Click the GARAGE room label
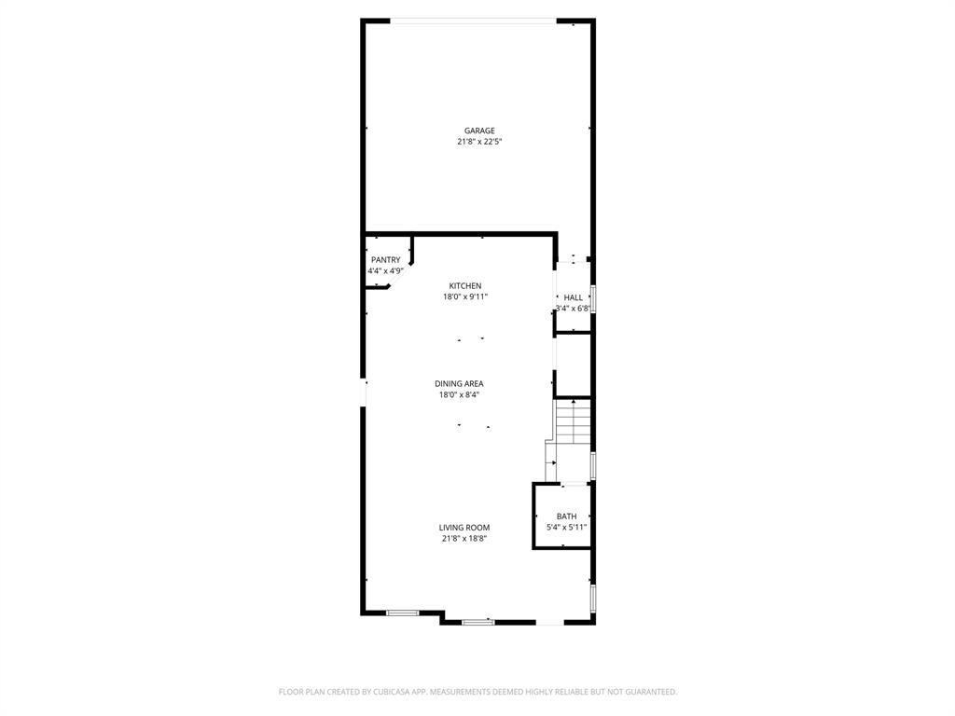pos(479,131)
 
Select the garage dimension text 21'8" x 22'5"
pos(479,142)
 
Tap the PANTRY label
pos(385,260)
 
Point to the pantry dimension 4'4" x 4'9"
pos(385,271)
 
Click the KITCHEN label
pos(465,285)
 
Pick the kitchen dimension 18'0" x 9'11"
pos(465,296)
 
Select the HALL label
pos(573,297)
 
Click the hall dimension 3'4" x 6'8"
pos(573,309)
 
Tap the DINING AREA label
pos(459,383)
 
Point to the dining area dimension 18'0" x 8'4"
pos(459,394)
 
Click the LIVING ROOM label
pos(464,528)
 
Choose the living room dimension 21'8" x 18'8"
pos(464,539)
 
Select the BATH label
pos(566,516)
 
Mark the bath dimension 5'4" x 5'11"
pos(566,528)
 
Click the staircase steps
pos(574,424)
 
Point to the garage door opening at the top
pos(474,21)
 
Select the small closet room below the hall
pos(574,365)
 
